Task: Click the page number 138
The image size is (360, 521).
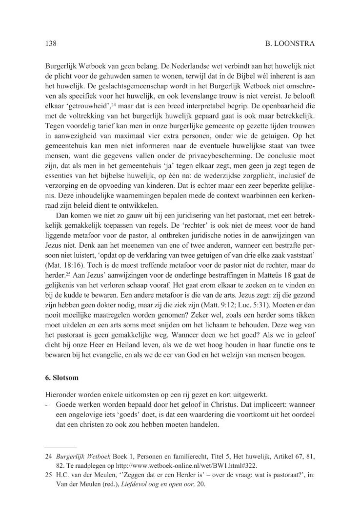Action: (x=51, y=43)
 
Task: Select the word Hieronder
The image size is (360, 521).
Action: (x=61, y=393)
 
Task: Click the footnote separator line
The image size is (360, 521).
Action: (x=60, y=446)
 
